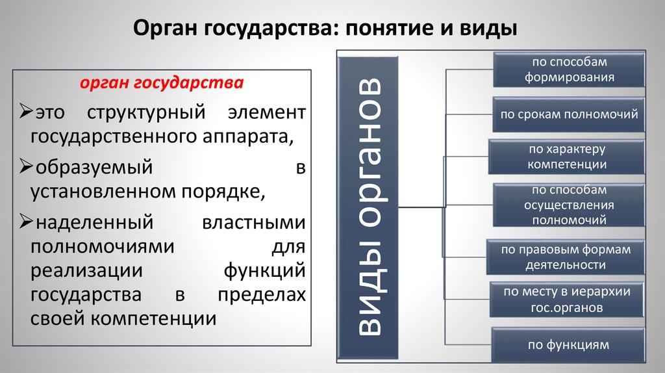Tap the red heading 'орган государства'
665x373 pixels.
tap(162, 84)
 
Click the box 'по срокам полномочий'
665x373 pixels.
tap(569, 114)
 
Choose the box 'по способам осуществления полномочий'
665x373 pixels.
tap(569, 205)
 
